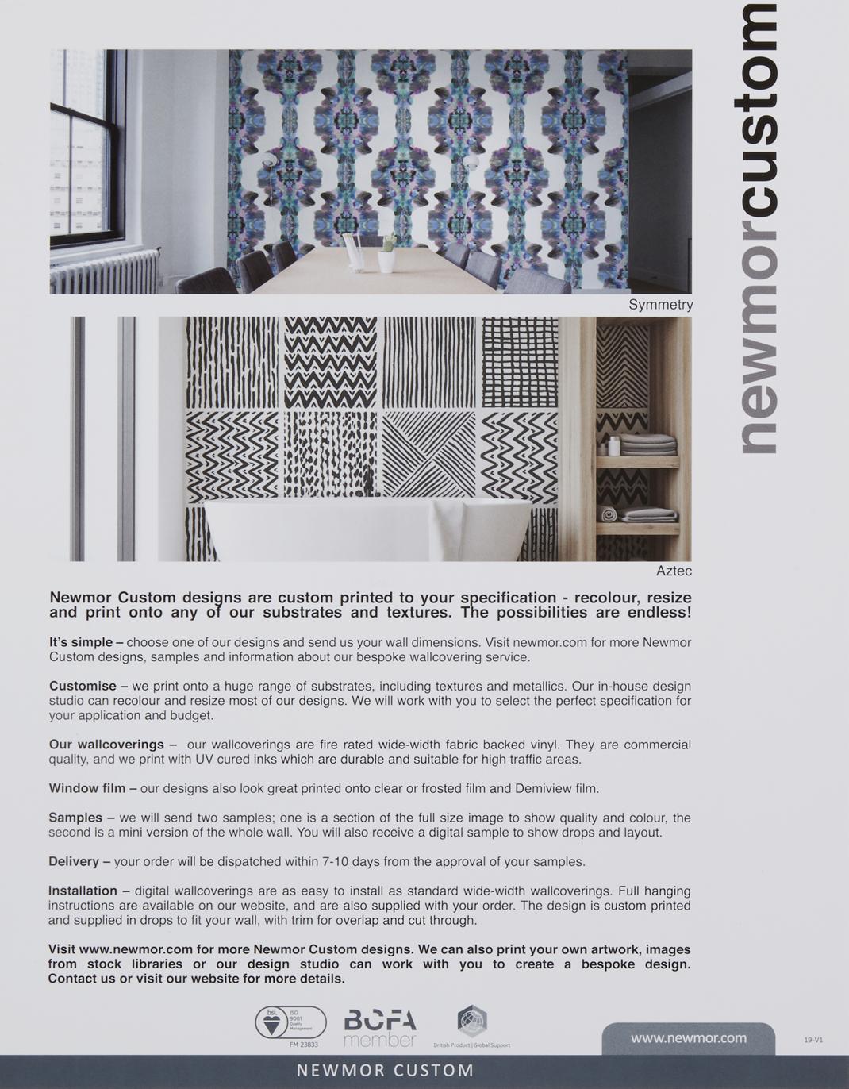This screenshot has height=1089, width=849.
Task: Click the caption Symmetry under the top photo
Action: pyautogui.click(x=660, y=305)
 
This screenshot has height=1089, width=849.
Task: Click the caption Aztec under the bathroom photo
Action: pyautogui.click(x=674, y=571)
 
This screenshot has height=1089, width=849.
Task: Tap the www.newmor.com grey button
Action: pyautogui.click(x=688, y=1038)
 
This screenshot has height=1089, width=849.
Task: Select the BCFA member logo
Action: pyautogui.click(x=380, y=1028)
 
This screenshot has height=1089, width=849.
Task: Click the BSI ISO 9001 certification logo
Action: pyautogui.click(x=290, y=1023)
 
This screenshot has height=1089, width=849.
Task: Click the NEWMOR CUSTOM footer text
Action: pyautogui.click(x=385, y=1071)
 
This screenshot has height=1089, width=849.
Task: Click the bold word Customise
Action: pyautogui.click(x=83, y=686)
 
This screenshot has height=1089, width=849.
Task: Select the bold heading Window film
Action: pyautogui.click(x=87, y=788)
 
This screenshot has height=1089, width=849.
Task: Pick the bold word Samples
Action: pyautogui.click(x=75, y=818)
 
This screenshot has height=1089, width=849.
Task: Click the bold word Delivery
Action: pyautogui.click(x=74, y=861)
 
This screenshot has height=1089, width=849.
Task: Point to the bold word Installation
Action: pyautogui.click(x=83, y=891)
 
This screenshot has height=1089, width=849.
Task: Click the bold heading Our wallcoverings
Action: pyautogui.click(x=106, y=745)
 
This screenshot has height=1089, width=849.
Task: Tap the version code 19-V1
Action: pyautogui.click(x=813, y=1040)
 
